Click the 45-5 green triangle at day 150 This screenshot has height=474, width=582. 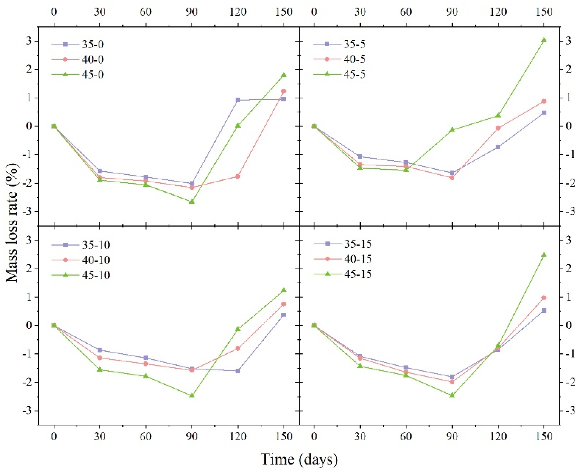tap(544, 40)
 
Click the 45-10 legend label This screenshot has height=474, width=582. tap(96, 275)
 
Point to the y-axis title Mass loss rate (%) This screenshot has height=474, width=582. tap(12, 223)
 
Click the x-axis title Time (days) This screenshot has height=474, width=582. tap(299, 459)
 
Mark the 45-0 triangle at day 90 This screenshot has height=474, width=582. tap(192, 202)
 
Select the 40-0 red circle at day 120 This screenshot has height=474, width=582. tap(238, 176)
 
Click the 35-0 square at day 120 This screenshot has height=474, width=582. tap(238, 100)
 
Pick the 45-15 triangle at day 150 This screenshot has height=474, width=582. tap(544, 255)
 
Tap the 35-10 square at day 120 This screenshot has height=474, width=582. tap(238, 371)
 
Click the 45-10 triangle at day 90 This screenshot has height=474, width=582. tap(192, 395)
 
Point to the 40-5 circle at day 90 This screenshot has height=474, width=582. tap(452, 178)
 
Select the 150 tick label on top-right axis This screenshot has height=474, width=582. tap(544, 12)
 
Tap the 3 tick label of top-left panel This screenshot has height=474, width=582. tap(29, 41)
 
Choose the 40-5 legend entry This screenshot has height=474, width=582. tap(354, 59)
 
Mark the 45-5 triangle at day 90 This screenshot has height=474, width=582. tap(452, 130)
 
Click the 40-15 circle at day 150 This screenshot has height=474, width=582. tap(544, 298)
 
